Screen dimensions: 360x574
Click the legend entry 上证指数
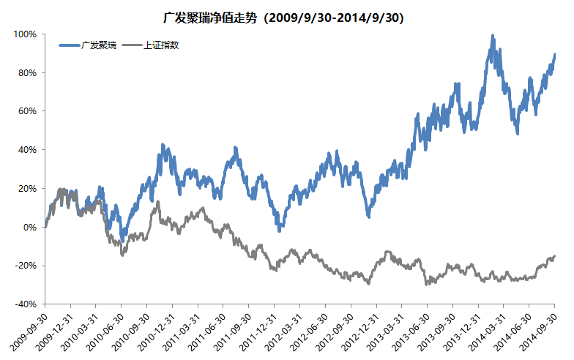(x=162, y=45)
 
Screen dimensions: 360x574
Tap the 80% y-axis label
(x=27, y=73)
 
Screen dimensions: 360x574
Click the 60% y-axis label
(x=27, y=111)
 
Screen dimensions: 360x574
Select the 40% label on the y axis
(x=27, y=150)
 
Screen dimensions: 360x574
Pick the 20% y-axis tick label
(x=27, y=188)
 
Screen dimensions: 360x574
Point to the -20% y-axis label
(x=26, y=265)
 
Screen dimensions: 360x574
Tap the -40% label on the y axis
(x=26, y=304)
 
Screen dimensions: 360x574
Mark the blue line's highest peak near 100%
(x=493, y=36)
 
